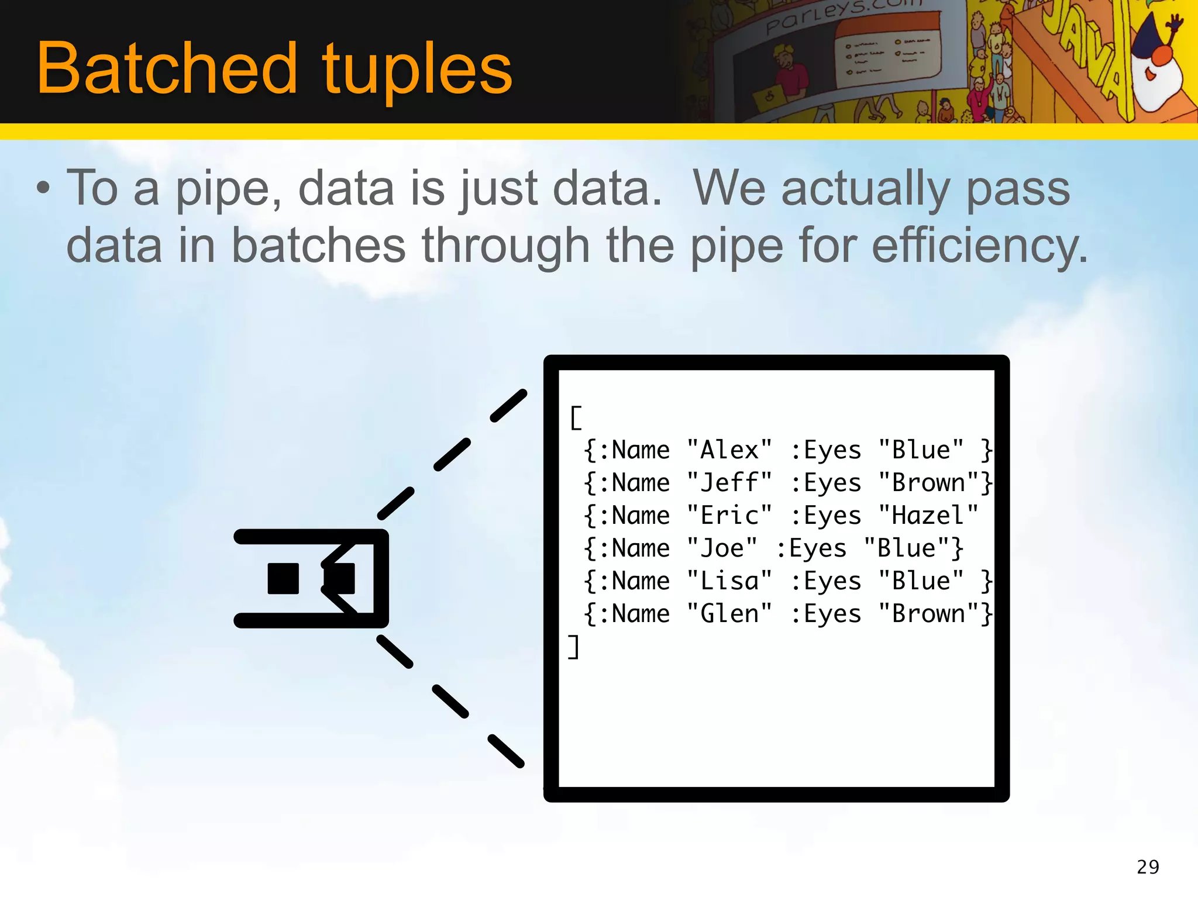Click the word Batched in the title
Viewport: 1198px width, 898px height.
click(x=167, y=69)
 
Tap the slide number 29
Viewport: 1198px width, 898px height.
click(x=1148, y=866)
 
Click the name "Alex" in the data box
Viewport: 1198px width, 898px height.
click(x=729, y=450)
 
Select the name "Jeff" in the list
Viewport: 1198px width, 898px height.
click(x=729, y=483)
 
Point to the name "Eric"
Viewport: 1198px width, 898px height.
click(x=729, y=516)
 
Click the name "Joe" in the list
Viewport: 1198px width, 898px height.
click(x=722, y=548)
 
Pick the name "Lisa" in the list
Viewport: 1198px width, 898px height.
click(x=729, y=581)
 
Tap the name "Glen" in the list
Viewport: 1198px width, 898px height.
click(x=729, y=614)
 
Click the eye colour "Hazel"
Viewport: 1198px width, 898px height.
click(x=928, y=516)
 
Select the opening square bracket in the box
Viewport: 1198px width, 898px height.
click(x=576, y=418)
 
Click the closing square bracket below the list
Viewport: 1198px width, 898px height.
click(x=574, y=647)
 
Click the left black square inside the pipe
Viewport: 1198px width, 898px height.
click(x=283, y=578)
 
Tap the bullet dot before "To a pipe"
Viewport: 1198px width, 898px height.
click(x=43, y=189)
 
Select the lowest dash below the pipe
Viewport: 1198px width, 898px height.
click(x=506, y=751)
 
